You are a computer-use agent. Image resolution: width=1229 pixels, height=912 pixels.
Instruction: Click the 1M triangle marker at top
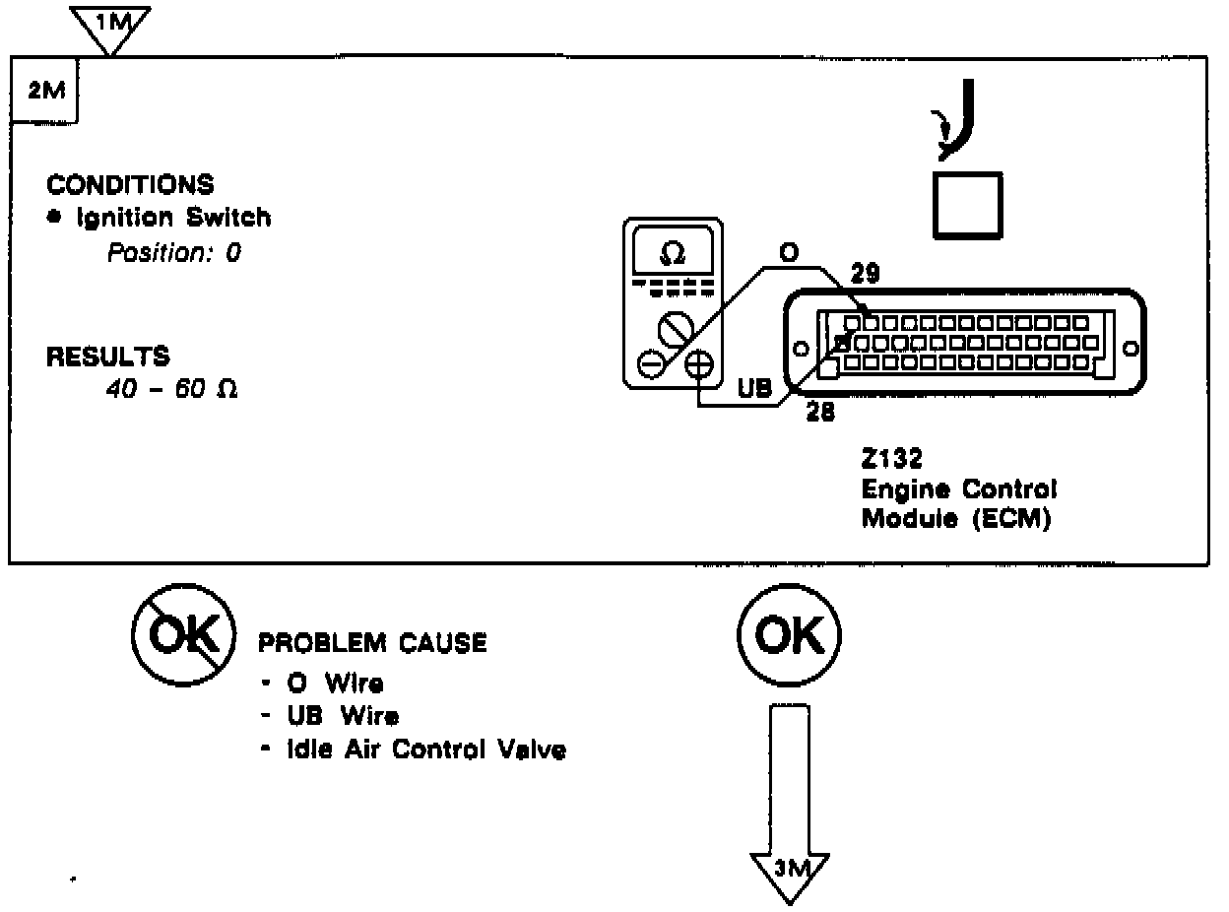(111, 25)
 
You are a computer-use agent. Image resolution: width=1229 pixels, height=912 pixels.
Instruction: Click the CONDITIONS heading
(130, 185)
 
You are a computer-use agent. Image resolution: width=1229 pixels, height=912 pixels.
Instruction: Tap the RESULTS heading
(107, 357)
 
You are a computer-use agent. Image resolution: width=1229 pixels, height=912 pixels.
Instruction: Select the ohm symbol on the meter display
(673, 254)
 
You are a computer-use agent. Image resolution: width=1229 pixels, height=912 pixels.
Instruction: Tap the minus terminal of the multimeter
(651, 365)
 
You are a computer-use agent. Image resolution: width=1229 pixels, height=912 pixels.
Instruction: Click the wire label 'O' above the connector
(788, 252)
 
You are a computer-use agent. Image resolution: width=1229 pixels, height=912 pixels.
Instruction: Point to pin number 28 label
(819, 413)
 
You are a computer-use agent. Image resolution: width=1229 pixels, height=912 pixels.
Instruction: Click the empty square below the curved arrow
(967, 205)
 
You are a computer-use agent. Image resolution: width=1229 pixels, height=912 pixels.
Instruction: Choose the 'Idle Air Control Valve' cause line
(425, 750)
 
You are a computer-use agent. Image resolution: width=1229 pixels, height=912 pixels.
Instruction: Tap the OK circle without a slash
(789, 637)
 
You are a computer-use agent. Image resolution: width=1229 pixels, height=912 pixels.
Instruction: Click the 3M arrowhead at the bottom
(790, 870)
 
